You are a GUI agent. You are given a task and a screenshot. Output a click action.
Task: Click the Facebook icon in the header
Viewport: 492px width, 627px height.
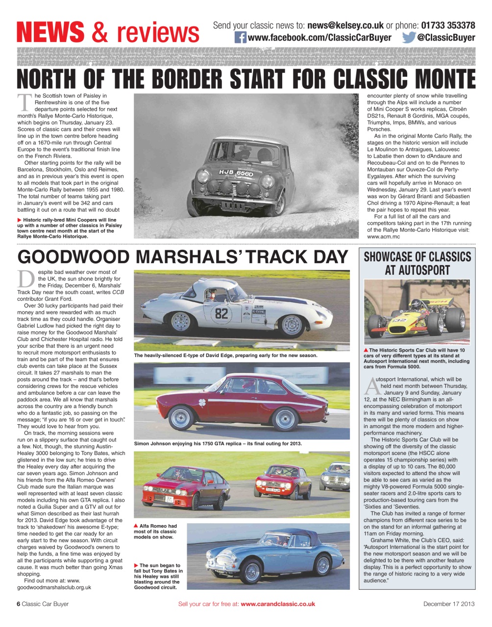[x=240, y=38]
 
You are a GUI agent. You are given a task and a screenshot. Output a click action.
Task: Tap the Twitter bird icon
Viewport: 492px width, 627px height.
[x=409, y=38]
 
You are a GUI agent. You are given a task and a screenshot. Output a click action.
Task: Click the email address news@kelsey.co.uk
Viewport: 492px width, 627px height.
[x=345, y=25]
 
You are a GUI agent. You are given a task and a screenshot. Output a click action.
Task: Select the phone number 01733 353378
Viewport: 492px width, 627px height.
[x=448, y=25]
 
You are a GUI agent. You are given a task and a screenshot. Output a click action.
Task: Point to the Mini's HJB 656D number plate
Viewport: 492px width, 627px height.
[x=236, y=173]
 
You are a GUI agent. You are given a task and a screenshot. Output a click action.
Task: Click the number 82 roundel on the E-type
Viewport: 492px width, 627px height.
[x=221, y=313]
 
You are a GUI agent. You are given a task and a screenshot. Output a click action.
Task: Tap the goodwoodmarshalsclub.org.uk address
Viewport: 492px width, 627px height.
[x=54, y=587]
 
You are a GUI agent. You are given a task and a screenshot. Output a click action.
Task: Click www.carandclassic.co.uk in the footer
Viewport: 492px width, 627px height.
[x=278, y=604]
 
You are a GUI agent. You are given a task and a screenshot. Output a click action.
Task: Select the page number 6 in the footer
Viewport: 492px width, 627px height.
[x=19, y=604]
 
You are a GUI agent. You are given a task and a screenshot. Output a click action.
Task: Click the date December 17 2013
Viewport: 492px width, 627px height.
[x=449, y=604]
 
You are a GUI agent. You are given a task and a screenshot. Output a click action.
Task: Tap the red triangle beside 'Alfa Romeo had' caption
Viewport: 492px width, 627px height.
[x=136, y=526]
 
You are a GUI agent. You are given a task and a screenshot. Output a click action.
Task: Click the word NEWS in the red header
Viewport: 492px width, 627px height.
[x=50, y=32]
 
